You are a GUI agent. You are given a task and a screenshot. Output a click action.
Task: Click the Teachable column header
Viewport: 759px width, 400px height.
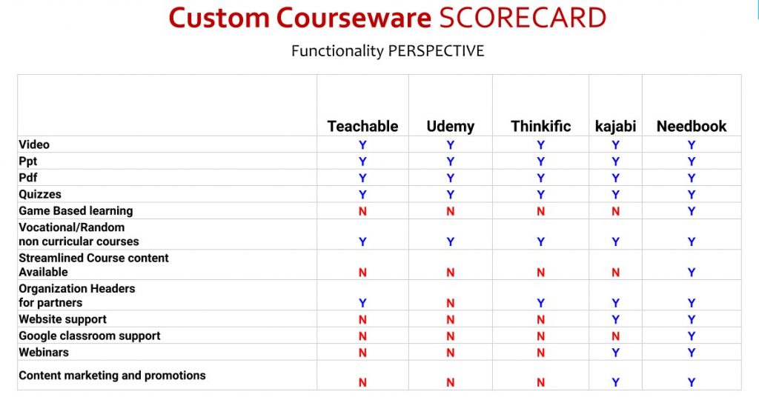[362, 126]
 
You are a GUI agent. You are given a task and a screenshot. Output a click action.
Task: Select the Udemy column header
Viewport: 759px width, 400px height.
[450, 127]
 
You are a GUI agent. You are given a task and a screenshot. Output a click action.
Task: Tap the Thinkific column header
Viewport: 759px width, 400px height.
[540, 126]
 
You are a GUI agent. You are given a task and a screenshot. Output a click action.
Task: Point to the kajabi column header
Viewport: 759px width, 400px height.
[615, 127]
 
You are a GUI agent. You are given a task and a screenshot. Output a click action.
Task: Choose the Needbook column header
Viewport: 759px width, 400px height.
[692, 126]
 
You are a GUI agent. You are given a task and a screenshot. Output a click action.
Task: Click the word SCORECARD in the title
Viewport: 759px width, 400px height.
[523, 18]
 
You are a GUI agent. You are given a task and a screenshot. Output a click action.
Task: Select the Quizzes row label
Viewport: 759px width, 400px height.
[40, 194]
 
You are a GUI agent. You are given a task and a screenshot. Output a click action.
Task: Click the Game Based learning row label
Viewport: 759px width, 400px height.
[76, 211]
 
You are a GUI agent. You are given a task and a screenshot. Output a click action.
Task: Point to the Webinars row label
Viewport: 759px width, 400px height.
[44, 352]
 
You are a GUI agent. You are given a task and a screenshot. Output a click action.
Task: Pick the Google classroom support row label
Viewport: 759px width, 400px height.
[90, 336]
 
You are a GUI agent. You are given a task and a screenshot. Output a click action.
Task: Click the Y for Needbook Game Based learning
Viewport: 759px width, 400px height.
[692, 211]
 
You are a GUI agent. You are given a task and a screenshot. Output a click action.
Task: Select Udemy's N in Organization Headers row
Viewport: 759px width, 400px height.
[450, 303]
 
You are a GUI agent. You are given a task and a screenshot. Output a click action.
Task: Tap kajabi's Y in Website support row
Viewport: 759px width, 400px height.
[615, 320]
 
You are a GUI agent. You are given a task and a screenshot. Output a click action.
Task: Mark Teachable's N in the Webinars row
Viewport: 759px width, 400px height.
[362, 353]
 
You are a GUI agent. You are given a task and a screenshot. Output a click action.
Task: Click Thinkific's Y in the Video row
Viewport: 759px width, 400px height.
[540, 145]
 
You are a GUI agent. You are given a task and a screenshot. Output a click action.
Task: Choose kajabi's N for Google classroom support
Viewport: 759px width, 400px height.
[615, 336]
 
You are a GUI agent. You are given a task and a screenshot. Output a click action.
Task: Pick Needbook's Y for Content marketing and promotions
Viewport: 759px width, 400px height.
[692, 382]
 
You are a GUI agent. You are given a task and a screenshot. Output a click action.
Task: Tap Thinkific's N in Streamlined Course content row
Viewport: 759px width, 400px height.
[540, 273]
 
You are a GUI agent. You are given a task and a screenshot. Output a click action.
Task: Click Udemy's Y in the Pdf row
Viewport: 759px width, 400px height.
[450, 178]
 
